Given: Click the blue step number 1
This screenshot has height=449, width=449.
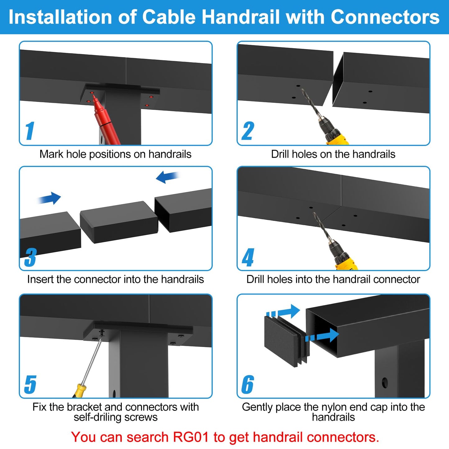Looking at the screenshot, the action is (30, 131).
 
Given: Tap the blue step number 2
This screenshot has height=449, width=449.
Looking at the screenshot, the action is (248, 131).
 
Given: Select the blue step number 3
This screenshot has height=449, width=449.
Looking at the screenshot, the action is (30, 257).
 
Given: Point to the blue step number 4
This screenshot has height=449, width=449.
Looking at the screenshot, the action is (248, 257).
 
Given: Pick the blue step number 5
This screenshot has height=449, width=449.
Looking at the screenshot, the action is (30, 384).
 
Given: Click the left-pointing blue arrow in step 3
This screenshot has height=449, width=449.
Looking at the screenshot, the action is (167, 177).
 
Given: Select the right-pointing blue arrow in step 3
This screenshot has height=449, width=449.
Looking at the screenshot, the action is (49, 198).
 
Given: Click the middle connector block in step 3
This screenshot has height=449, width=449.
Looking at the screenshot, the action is (119, 222).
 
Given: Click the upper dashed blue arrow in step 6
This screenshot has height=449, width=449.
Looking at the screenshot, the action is (283, 312).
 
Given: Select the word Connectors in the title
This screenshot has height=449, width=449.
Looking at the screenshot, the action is (385, 17).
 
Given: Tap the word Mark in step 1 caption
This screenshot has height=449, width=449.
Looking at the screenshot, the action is (52, 154).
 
